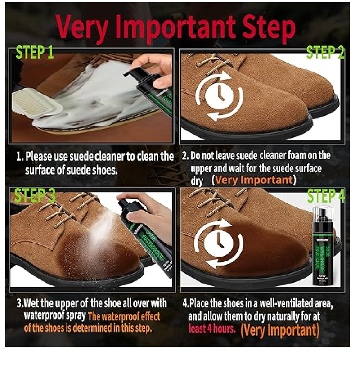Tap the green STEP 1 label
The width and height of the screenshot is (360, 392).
click(x=35, y=53)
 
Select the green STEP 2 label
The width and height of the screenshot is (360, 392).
click(x=325, y=53)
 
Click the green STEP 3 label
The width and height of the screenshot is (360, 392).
click(x=35, y=196)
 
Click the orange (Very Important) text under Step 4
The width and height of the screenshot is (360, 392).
click(x=279, y=330)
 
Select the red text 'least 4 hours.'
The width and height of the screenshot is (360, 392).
click(x=211, y=329)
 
